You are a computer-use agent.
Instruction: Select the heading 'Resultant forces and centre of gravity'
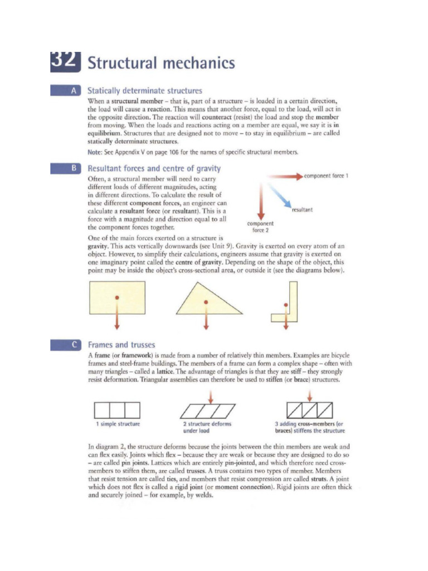pos(154,168)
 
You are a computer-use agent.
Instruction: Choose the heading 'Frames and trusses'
pos(121,345)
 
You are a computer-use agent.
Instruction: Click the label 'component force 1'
pos(327,176)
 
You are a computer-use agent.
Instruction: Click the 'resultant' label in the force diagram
pos(301,210)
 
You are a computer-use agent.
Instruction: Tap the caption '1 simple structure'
pos(117,424)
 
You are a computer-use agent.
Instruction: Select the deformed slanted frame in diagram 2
pos(208,410)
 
